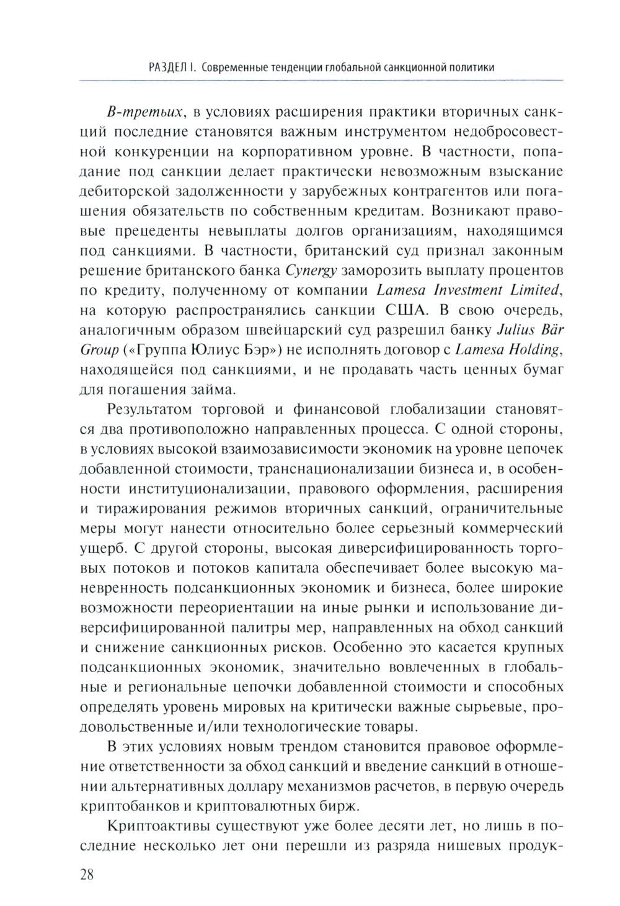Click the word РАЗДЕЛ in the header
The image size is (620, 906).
(x=169, y=67)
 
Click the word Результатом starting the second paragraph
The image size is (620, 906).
(x=149, y=410)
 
